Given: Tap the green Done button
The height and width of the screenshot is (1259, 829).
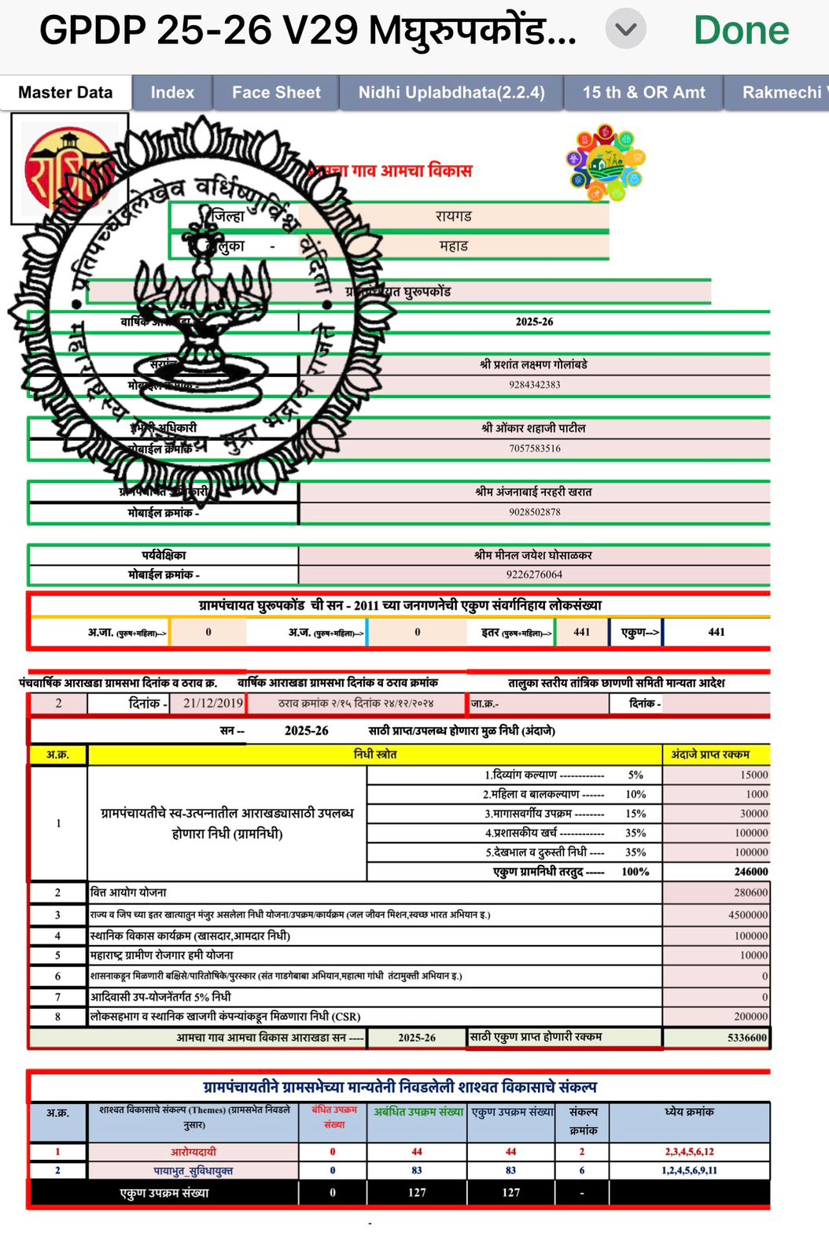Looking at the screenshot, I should (x=741, y=31).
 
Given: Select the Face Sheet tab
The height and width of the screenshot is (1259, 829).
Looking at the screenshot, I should (x=276, y=92).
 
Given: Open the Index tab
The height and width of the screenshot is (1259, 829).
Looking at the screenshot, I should (x=172, y=92).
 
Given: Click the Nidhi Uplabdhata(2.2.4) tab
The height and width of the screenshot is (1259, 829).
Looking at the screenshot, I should (x=451, y=92).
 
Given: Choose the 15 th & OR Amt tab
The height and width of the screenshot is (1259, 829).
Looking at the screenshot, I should (x=643, y=92).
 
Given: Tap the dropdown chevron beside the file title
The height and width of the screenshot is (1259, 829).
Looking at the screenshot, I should (x=625, y=30).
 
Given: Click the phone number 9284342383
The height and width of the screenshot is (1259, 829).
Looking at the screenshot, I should (x=534, y=385).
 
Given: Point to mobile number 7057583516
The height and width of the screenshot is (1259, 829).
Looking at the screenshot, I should (x=534, y=449).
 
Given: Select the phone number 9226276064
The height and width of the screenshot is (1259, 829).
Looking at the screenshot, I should (x=534, y=574).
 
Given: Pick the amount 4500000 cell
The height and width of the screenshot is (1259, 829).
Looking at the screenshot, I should (x=747, y=915).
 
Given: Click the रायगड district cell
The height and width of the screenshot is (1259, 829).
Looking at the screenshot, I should (x=454, y=216).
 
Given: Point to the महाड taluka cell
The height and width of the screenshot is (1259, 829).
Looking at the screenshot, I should (x=454, y=246).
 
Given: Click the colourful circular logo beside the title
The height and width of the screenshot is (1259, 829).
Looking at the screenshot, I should (x=605, y=163).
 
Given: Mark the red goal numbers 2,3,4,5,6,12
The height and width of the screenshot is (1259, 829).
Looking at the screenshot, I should (x=689, y=1151).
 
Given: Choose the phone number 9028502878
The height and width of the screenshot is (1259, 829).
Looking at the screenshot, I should (x=534, y=512).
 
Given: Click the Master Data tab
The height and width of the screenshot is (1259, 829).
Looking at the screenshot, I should (x=65, y=92).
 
